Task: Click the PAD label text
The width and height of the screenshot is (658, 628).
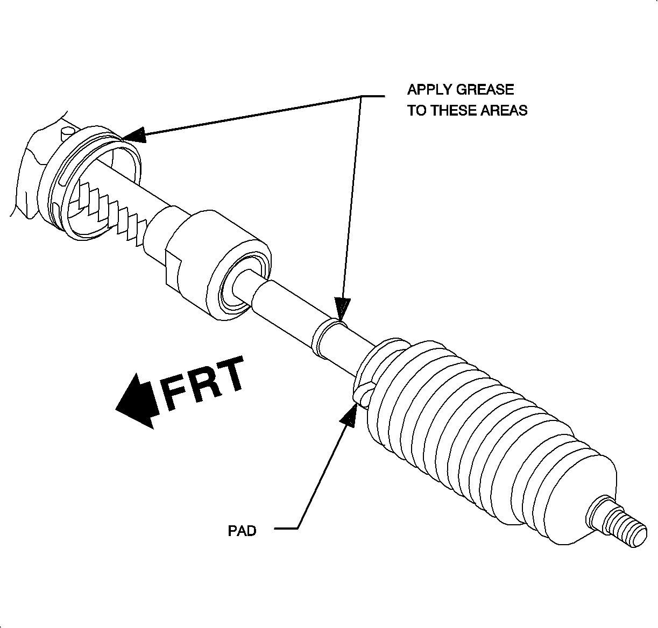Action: [x=242, y=531]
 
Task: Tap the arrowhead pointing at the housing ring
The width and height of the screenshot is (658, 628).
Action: [x=135, y=135]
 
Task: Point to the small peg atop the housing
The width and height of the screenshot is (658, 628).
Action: [x=68, y=131]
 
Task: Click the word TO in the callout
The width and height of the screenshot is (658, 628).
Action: [x=416, y=111]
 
